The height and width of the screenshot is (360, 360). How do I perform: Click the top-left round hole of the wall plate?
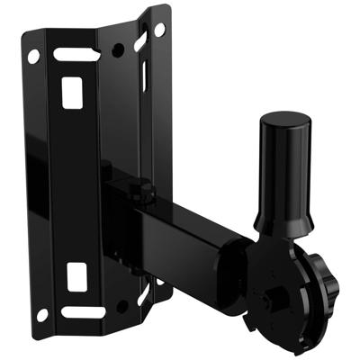coord(33,56)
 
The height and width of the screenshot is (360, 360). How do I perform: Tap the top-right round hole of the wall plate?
coord(159,30)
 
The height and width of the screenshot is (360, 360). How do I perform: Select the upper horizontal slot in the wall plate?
coord(76,55)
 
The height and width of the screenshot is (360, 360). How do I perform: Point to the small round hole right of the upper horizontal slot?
coord(118,49)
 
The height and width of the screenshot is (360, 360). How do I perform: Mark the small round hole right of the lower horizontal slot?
coord(121,307)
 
